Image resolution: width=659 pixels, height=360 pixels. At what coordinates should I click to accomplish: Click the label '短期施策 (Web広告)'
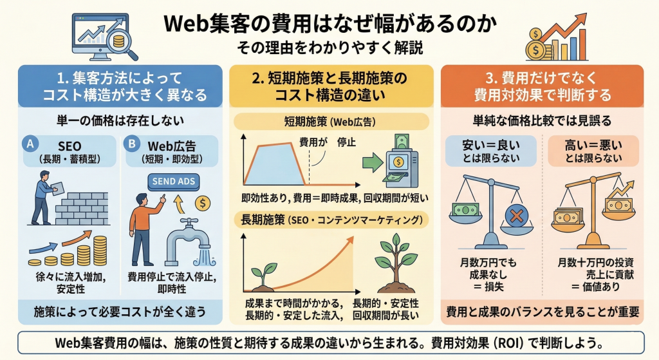coord(330,121)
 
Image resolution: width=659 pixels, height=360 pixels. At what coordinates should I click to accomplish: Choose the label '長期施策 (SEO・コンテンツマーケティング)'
coord(330,220)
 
